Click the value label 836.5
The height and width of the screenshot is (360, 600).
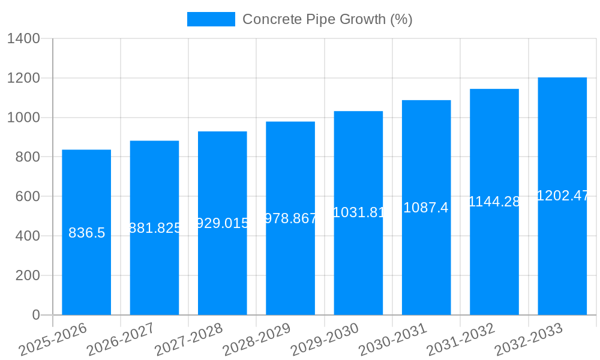87,233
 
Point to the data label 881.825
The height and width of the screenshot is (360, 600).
155,228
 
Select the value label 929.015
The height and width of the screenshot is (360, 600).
223,223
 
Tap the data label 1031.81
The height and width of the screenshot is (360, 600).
358,212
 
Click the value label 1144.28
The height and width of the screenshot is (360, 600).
494,202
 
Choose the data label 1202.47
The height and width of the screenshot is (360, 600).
562,196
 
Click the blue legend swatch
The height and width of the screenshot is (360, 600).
211,19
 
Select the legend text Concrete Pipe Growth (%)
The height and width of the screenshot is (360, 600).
327,19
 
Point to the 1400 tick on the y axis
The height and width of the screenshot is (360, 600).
23,39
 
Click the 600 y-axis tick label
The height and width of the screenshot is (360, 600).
27,197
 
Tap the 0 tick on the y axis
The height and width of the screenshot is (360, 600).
35,315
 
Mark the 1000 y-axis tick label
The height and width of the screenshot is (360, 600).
23,118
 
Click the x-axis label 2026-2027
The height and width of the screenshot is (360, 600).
121,340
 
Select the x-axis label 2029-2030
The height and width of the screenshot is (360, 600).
325,340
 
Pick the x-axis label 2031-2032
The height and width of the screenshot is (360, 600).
461,340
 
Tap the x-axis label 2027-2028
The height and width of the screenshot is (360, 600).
188,340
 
